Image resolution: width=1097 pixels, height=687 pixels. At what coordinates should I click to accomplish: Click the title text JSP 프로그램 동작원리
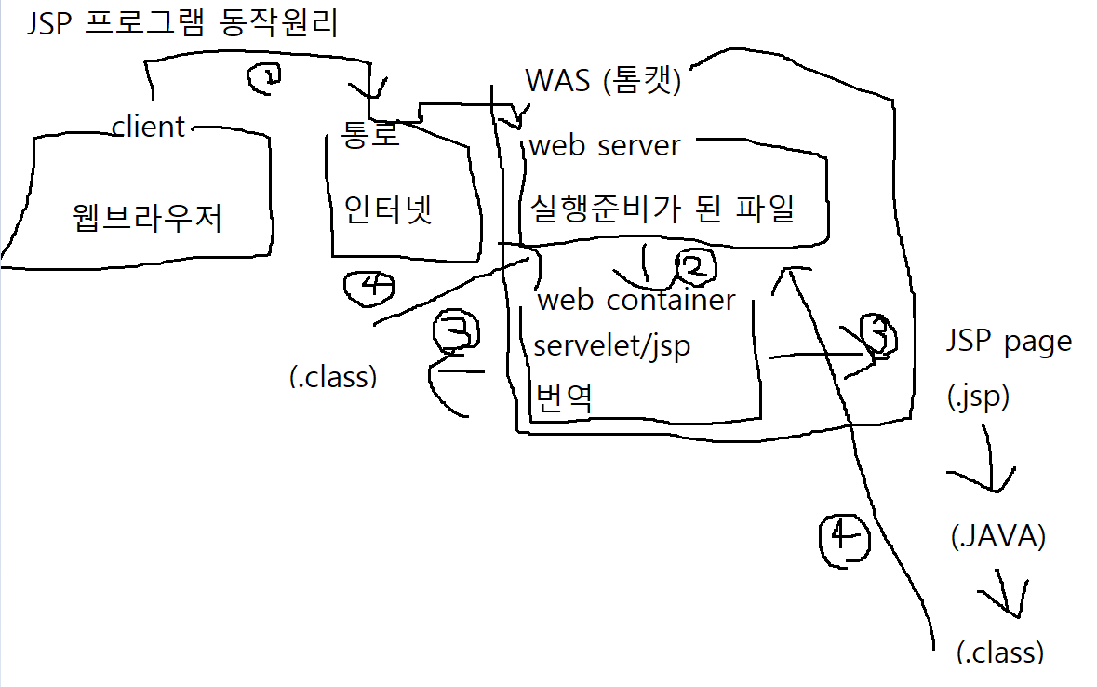(181, 21)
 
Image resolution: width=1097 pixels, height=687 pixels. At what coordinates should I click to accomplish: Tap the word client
(148, 127)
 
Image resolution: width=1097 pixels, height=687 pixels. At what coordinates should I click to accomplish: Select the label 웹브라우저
(146, 217)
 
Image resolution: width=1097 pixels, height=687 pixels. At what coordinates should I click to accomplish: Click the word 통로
(370, 135)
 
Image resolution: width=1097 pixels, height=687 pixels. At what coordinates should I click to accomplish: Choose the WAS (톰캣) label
(604, 81)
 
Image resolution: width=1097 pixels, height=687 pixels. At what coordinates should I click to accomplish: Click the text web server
(605, 146)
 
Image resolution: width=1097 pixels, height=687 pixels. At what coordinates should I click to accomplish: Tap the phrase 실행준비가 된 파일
(662, 208)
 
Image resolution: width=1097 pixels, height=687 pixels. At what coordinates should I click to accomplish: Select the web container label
(636, 300)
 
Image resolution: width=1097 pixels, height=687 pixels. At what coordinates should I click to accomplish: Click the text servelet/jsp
(611, 345)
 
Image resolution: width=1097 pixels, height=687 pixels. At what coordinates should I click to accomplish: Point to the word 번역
(564, 397)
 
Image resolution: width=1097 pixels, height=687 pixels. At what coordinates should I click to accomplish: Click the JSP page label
(1009, 342)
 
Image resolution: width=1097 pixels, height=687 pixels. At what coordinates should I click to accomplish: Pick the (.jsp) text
(978, 397)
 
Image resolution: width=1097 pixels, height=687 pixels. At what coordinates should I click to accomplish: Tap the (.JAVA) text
(998, 537)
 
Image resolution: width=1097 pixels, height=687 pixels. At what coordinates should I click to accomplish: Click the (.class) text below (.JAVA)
(999, 652)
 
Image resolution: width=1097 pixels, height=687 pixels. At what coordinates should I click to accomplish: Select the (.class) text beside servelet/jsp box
(333, 377)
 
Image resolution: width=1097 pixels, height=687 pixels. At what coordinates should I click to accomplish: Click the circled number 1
(265, 80)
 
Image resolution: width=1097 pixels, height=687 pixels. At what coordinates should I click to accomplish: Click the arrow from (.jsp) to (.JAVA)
(989, 470)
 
